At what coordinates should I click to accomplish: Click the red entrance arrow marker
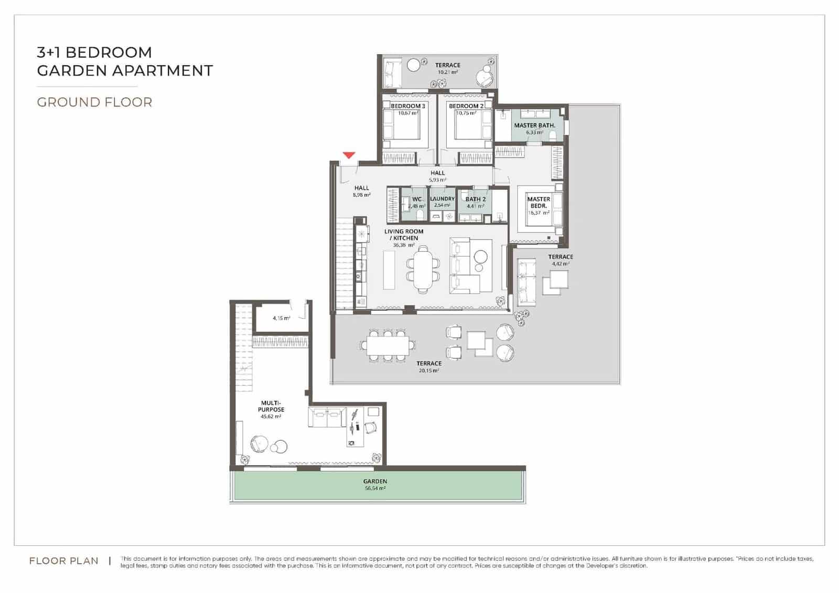[349, 155]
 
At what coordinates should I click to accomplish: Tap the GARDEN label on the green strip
[375, 481]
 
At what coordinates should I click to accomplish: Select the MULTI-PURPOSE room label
[271, 406]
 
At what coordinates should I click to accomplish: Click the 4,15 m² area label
[281, 318]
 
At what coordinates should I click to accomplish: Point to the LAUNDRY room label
[442, 199]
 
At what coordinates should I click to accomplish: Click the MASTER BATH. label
[534, 125]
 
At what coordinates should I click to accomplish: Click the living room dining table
[423, 271]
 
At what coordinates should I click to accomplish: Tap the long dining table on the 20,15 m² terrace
[389, 345]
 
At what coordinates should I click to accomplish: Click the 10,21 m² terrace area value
[447, 72]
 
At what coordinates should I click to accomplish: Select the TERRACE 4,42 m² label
[561, 257]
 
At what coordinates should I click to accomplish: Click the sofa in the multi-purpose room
[326, 419]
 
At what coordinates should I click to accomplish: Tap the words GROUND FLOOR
[94, 102]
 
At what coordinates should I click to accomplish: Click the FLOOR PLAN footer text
[64, 561]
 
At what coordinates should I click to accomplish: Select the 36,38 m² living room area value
[403, 245]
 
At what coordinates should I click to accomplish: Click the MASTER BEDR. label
[539, 203]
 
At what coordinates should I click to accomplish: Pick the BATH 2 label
[475, 199]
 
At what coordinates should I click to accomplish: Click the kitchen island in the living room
[389, 270]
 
